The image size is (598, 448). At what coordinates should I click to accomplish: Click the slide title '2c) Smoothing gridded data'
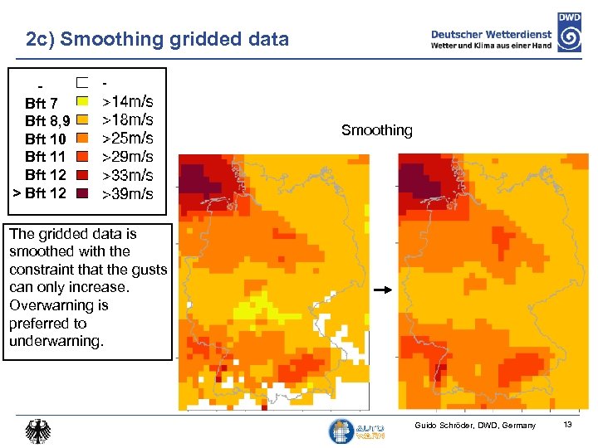(x=158, y=39)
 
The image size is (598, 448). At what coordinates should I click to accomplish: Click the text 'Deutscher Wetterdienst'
(x=491, y=34)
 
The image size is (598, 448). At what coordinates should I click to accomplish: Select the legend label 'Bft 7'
(x=42, y=104)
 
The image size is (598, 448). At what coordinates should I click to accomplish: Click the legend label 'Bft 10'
(x=45, y=139)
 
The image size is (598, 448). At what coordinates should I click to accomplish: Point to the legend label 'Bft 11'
(x=45, y=157)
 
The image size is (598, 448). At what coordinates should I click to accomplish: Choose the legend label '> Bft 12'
(x=38, y=193)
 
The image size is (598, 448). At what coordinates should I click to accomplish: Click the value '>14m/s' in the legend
(x=127, y=102)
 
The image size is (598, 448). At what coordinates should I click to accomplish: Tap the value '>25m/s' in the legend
(x=127, y=138)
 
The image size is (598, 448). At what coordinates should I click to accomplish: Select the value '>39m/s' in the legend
(x=127, y=194)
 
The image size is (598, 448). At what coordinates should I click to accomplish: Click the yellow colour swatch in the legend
(x=82, y=101)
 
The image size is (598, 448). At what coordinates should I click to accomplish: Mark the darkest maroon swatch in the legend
(x=82, y=192)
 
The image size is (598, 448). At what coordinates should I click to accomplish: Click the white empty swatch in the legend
(x=82, y=83)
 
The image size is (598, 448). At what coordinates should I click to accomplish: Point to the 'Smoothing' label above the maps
(x=376, y=130)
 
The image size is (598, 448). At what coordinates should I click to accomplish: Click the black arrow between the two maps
(x=382, y=291)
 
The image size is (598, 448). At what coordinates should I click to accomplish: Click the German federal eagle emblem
(x=38, y=431)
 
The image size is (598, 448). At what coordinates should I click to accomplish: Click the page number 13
(x=568, y=425)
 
